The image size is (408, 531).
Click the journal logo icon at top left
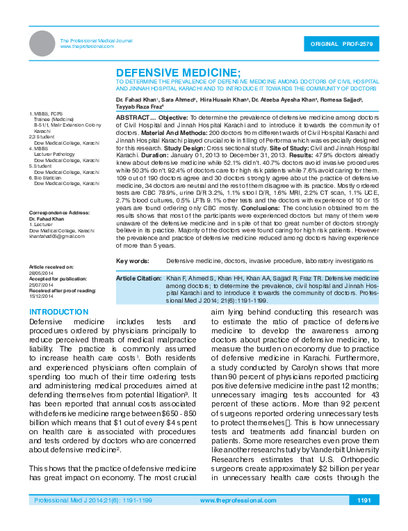pos(42,44)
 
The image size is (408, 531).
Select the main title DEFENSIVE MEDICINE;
pos(178,72)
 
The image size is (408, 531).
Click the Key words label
pos(132,260)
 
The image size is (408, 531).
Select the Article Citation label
pos(138,278)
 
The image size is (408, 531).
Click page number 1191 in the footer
pos(363,520)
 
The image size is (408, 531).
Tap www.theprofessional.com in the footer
pos(234,520)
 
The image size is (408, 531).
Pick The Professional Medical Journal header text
pos(96,41)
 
